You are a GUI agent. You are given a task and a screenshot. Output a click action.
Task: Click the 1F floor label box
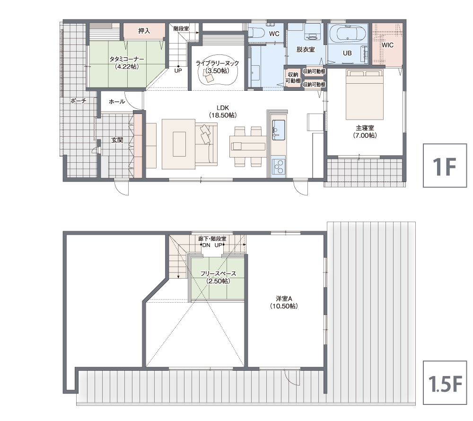pos(445,166)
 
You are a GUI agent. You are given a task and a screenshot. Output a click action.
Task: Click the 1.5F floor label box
pos(445,383)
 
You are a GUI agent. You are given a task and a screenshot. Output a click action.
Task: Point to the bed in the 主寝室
pos(364,95)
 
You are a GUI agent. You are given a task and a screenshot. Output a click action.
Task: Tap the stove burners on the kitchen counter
pos(278,166)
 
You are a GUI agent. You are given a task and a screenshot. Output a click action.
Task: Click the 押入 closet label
pos(144,31)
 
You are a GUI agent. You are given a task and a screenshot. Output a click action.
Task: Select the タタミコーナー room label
pos(127,60)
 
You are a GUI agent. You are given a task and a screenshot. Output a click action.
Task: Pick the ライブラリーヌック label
pos(217,63)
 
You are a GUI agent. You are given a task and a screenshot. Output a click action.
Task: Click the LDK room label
pos(223,108)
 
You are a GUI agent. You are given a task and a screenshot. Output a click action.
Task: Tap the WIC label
pos(388,45)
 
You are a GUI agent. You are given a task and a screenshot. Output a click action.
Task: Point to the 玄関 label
pos(117,140)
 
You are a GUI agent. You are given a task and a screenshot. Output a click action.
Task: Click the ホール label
pos(117,102)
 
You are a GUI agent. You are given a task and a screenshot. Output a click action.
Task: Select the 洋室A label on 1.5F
pos(284,298)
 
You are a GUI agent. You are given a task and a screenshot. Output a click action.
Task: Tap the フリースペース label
pos(218,273)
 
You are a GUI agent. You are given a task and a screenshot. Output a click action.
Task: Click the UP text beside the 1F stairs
pos(178,70)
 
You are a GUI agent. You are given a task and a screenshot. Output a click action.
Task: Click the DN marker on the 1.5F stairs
pos(206,245)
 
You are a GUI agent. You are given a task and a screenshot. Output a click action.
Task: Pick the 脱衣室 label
pos(305,50)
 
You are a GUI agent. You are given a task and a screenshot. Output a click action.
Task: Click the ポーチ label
pos(78,101)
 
